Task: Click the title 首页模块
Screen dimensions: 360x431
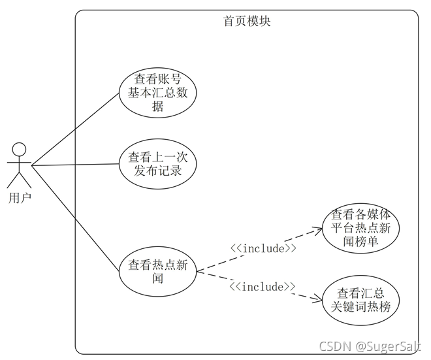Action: pos(247,21)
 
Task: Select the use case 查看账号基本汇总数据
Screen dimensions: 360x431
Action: pos(157,92)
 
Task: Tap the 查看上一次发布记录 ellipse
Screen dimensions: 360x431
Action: pos(157,164)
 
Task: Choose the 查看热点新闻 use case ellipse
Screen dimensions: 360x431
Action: pos(157,271)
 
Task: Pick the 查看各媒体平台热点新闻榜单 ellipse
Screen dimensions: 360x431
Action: pos(360,228)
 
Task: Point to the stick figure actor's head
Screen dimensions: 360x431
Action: pos(20,148)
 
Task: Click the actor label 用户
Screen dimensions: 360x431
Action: pos(20,195)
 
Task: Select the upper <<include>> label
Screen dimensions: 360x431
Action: pos(263,248)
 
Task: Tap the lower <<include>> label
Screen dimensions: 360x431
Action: pos(262,287)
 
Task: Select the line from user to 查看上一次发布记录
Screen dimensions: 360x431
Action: pos(75,164)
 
